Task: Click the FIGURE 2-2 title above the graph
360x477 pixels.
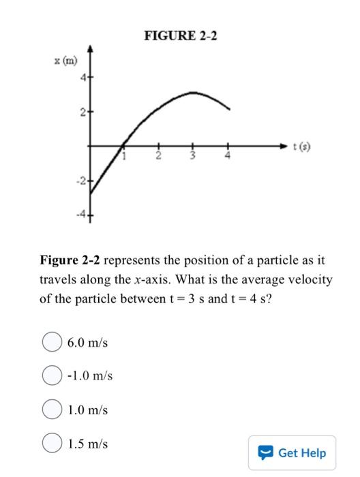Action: click(x=180, y=35)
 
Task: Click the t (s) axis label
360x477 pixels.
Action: click(x=300, y=146)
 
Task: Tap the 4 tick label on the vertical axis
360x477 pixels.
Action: click(x=82, y=78)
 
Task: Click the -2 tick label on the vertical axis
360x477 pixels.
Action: click(x=80, y=181)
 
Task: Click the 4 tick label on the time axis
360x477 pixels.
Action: click(x=228, y=157)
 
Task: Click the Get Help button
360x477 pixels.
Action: click(x=292, y=452)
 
